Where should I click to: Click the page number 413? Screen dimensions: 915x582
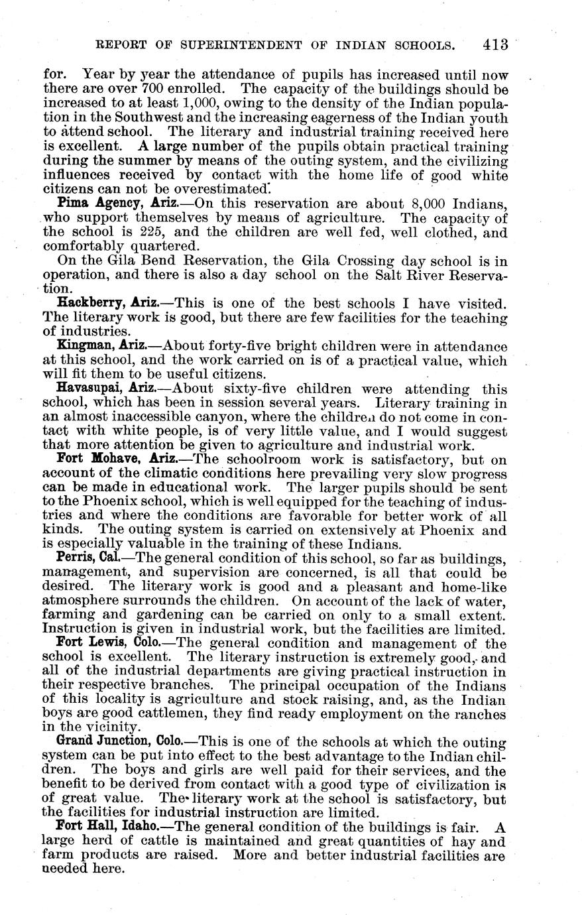[495, 45]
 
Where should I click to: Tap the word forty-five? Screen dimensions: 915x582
[237, 345]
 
